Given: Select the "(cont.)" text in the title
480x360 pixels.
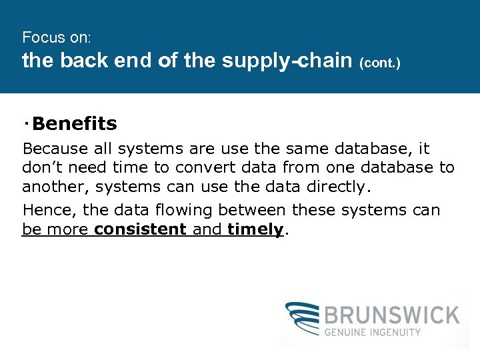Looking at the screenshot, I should coord(381,63).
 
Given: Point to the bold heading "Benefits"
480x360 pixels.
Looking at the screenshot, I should coord(74,124).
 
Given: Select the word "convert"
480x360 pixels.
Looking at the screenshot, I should coord(202,167).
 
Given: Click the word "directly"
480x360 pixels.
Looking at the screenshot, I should coord(335,187).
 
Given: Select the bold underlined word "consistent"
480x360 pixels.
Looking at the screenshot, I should coord(140,230).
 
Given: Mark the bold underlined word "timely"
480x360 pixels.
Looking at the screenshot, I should coord(255,230).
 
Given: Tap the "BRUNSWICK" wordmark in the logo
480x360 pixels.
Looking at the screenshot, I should coord(392,314).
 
